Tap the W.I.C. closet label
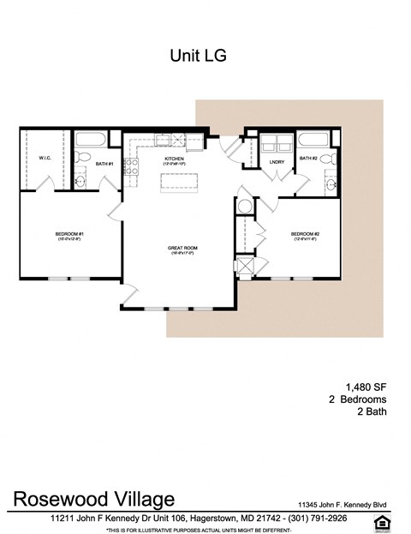[45, 158]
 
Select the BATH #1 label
[104, 164]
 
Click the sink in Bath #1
[80, 180]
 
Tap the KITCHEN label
[175, 159]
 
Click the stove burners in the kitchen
[133, 165]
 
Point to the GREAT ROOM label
[181, 249]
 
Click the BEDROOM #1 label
[68, 236]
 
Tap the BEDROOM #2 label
[304, 236]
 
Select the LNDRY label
[276, 162]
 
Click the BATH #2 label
[308, 158]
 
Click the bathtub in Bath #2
[318, 140]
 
